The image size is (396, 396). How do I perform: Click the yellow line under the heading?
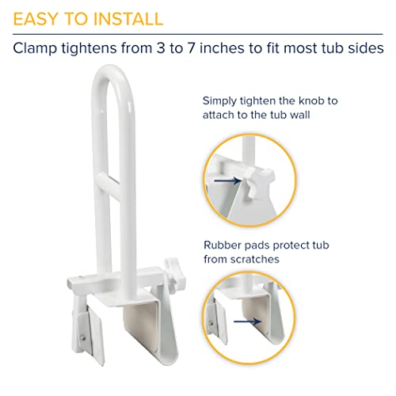coord(198,32)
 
